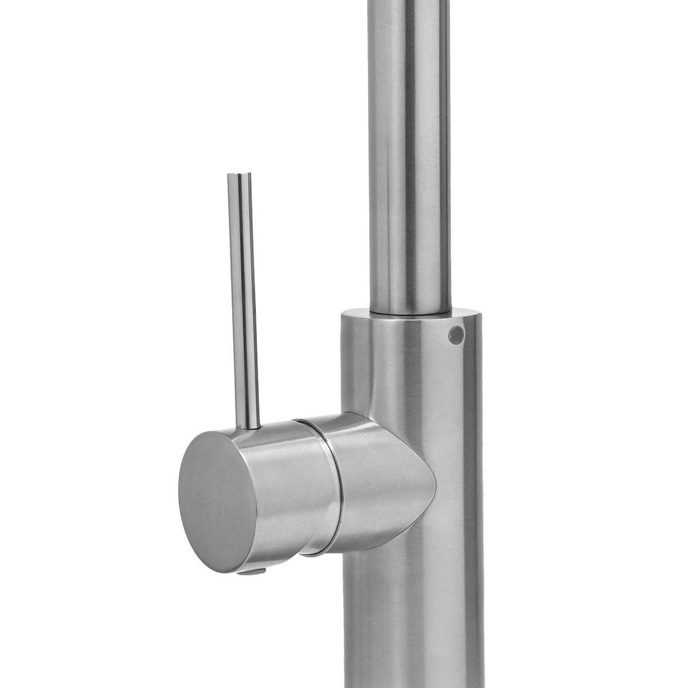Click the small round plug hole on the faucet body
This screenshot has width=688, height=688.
[456, 333]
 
